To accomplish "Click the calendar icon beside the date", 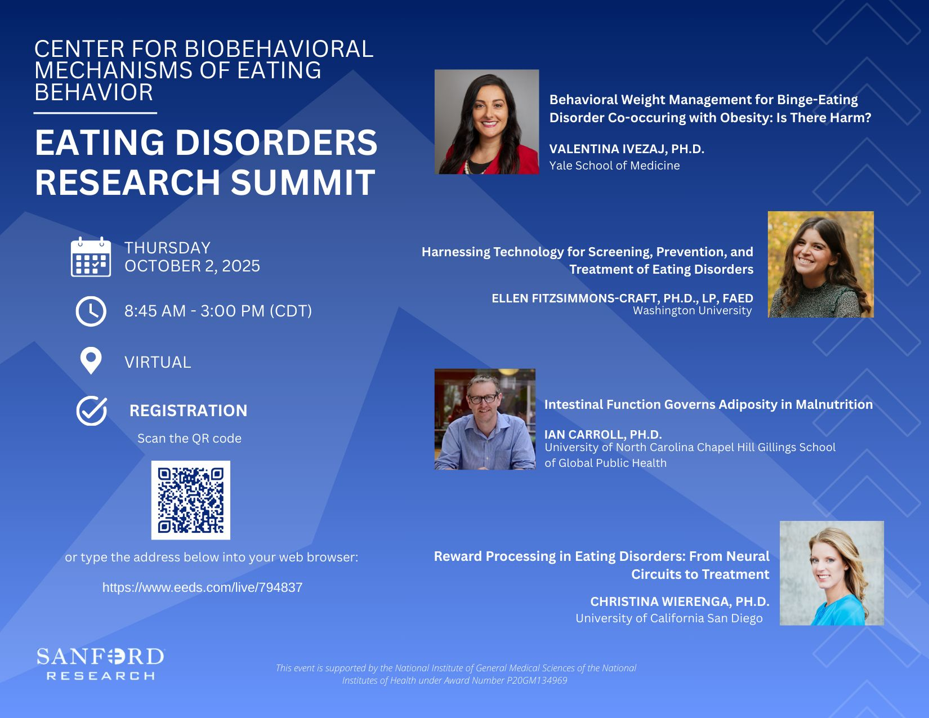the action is [91, 257].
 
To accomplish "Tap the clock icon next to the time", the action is [91, 311].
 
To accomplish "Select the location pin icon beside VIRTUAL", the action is [91, 361].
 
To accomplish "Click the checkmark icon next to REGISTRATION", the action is [91, 411].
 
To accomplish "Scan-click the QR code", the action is [191, 500].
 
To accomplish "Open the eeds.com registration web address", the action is [202, 587].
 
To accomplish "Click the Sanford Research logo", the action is [100, 664].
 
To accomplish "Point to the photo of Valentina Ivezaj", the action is [486, 122].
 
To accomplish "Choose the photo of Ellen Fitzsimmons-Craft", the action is [821, 264].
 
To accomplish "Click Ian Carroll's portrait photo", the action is [485, 419].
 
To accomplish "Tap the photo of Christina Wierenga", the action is [832, 573].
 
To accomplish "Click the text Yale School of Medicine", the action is [614, 166].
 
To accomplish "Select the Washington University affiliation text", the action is [692, 310].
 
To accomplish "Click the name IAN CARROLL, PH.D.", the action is [603, 435].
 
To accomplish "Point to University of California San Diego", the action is [669, 618].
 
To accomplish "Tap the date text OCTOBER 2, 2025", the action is [192, 266].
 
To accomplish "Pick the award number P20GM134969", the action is [537, 680].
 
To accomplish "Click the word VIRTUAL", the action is [158, 362].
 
